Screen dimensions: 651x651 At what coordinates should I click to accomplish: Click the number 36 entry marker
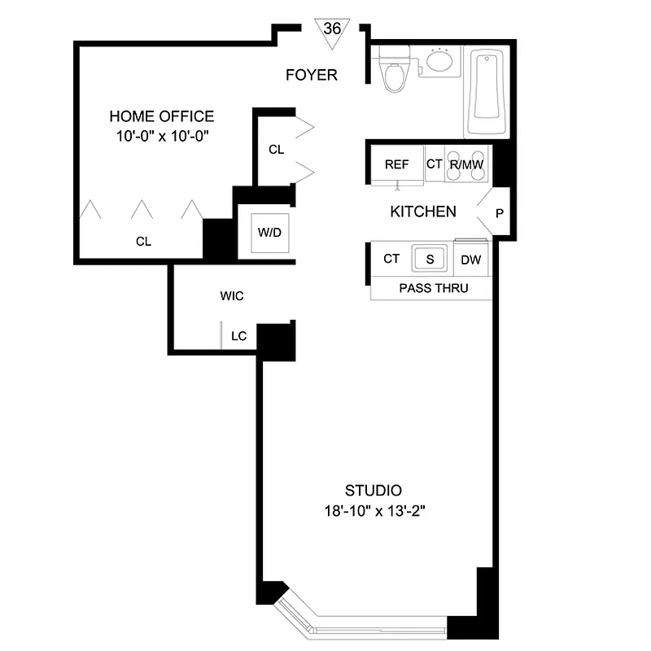click(x=332, y=28)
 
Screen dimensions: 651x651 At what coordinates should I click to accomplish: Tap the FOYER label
click(x=312, y=76)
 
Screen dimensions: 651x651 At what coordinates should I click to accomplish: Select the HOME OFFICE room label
click(x=162, y=116)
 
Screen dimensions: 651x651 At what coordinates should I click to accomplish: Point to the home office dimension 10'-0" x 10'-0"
click(x=162, y=136)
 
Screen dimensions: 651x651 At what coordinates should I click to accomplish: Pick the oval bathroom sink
click(x=440, y=61)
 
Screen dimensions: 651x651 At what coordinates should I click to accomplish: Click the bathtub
click(x=487, y=94)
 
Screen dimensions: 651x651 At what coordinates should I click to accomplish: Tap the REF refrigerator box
click(x=396, y=164)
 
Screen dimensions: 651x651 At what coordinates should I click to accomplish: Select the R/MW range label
click(x=467, y=164)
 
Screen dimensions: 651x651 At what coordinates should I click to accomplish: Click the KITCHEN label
click(x=423, y=212)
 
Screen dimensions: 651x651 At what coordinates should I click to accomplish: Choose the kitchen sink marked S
click(x=429, y=259)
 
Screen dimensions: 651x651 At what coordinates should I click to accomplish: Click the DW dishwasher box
click(x=470, y=260)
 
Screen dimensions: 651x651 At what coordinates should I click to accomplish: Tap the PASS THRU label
click(x=434, y=288)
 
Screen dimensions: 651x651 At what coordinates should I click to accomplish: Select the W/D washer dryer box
click(x=269, y=232)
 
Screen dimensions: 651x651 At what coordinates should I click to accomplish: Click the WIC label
click(x=232, y=296)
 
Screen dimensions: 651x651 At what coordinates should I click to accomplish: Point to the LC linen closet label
click(x=238, y=334)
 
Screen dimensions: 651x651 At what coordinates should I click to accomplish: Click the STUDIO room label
click(x=374, y=491)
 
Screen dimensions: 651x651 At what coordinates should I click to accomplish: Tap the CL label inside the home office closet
click(x=143, y=242)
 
